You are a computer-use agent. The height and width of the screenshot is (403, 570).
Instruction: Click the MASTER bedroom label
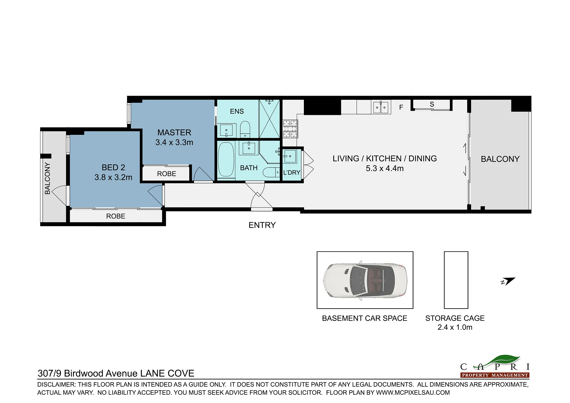click(x=174, y=132)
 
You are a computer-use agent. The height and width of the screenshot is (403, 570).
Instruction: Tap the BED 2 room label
click(x=113, y=167)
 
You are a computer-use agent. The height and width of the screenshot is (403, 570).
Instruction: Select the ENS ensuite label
click(x=237, y=111)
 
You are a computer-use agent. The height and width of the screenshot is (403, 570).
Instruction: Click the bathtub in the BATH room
click(x=226, y=160)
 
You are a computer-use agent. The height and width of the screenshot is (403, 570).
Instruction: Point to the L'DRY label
click(x=292, y=173)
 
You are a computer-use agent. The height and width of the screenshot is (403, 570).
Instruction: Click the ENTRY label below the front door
click(x=262, y=225)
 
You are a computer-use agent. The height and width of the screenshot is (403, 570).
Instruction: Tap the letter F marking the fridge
click(x=401, y=108)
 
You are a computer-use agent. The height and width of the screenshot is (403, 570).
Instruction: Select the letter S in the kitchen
click(x=432, y=104)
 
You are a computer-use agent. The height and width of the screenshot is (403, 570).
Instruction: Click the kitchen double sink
click(x=381, y=107)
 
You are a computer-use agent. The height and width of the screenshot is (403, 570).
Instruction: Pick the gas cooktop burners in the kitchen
click(x=290, y=129)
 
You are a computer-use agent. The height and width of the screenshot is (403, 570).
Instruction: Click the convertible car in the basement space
click(x=365, y=280)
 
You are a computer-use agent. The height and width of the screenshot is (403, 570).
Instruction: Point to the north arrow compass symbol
click(x=508, y=281)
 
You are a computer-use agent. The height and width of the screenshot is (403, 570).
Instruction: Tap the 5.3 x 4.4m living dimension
click(x=385, y=168)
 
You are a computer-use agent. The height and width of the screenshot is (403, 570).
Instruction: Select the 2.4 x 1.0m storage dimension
click(x=455, y=327)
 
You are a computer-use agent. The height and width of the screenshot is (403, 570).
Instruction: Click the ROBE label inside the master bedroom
click(x=166, y=174)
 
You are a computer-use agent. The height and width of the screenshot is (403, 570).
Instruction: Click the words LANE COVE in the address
click(x=167, y=373)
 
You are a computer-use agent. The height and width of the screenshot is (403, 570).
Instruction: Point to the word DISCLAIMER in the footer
click(x=56, y=385)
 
